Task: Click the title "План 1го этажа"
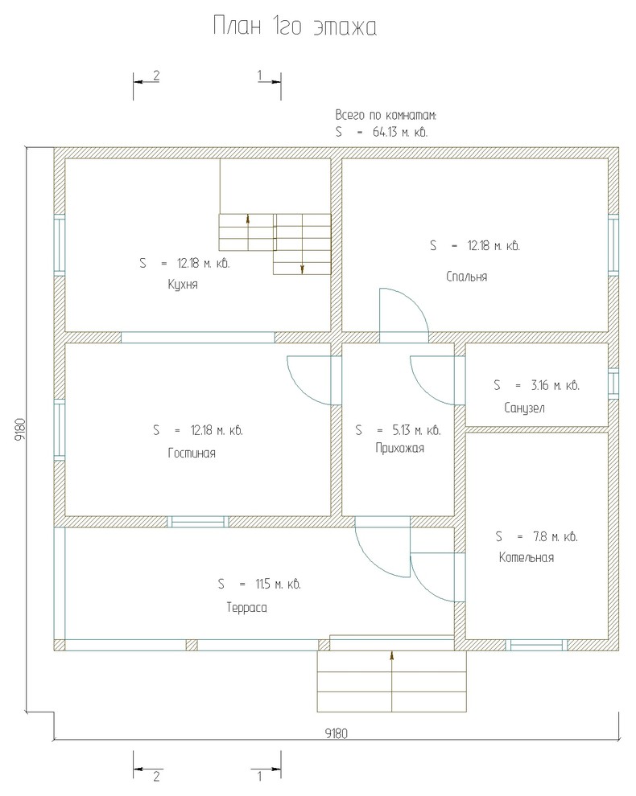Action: (295, 27)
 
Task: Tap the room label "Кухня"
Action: (183, 285)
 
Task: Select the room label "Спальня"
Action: (467, 277)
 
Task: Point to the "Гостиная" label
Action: (192, 453)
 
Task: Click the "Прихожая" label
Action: (399, 449)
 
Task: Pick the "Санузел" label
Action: (525, 408)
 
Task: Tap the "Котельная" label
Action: (527, 558)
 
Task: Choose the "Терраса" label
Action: (246, 608)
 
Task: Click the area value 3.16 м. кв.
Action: (555, 385)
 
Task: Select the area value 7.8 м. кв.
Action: (555, 536)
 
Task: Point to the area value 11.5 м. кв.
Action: (278, 585)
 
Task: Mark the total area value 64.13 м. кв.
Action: (400, 132)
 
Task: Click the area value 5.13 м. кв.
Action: (416, 430)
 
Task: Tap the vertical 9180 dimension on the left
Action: (20, 430)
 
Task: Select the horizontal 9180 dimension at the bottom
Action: (337, 733)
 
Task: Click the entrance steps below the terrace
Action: (392, 681)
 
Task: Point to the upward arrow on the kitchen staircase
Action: (248, 220)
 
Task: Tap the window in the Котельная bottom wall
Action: (536, 645)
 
